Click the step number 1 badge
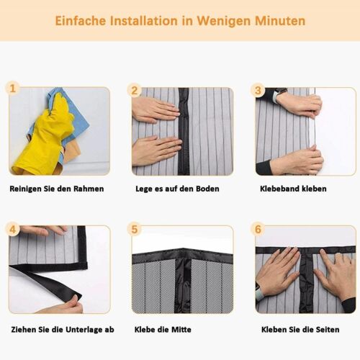(12, 89)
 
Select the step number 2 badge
(135, 90)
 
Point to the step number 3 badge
(258, 90)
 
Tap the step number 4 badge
(12, 230)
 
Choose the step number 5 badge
(135, 230)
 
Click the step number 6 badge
(258, 230)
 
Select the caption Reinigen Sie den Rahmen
(57, 189)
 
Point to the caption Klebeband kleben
(293, 189)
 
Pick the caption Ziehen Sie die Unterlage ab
(61, 329)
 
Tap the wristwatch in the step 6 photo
(259, 294)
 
